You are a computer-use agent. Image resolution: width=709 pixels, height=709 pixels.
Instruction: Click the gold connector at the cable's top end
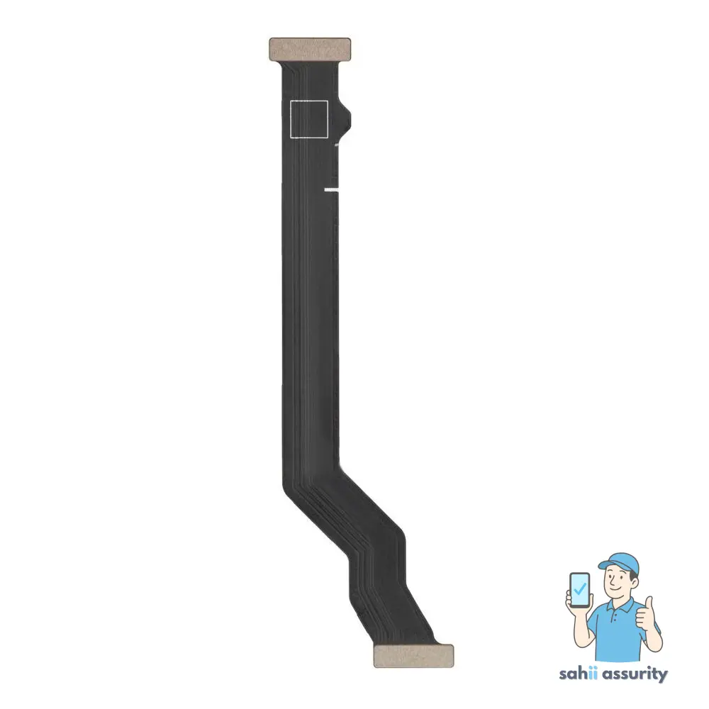[310, 49]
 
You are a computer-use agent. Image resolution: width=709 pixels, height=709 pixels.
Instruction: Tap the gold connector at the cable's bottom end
[413, 656]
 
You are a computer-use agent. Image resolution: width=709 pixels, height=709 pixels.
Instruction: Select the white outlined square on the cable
[309, 118]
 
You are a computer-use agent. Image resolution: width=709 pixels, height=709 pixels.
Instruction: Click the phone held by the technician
[581, 591]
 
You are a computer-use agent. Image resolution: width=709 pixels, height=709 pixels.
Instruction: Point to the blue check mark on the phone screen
[581, 588]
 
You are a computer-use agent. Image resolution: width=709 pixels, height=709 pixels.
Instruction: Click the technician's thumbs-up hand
[644, 614]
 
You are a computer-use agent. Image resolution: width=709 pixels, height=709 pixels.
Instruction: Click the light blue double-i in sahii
[594, 673]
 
